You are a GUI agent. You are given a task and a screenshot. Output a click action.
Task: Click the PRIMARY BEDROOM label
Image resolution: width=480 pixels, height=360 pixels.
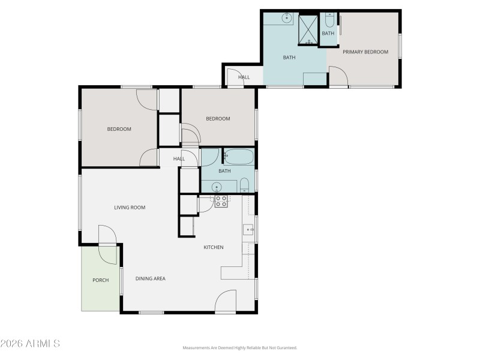tap(365, 52)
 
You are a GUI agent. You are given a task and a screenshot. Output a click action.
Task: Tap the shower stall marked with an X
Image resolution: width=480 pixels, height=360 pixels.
tap(308, 29)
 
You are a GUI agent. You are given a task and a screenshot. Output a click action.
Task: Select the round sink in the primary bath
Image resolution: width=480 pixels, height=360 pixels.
tap(287, 19)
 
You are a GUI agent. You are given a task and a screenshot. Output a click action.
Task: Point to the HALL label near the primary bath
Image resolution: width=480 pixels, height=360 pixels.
tap(244, 77)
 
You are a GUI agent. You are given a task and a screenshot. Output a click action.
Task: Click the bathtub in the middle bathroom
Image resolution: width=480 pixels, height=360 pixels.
tap(239, 157)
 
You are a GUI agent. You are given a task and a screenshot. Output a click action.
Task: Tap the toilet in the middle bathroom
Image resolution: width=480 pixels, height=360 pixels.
tap(245, 185)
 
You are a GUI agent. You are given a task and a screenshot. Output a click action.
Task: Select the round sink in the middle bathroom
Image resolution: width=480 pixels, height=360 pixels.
tap(216, 187)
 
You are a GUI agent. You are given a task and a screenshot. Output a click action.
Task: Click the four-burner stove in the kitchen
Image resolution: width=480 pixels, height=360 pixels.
tap(221, 201)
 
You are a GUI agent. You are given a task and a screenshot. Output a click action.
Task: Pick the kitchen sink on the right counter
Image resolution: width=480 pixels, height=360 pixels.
tap(248, 229)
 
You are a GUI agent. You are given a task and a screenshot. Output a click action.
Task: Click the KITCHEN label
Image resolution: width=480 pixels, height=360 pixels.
tap(214, 247)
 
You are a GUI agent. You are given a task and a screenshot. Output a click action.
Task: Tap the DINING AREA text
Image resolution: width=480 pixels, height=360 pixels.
tap(150, 278)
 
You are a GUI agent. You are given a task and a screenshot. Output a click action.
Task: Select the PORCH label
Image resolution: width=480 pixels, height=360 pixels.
tap(100, 280)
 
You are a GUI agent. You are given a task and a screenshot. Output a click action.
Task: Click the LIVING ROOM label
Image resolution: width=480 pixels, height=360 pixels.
tap(130, 208)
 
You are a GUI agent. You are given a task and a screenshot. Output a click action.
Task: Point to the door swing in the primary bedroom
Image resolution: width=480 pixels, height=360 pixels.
tap(337, 76)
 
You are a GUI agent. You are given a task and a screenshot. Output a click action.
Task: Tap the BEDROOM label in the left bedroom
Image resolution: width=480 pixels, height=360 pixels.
tap(119, 129)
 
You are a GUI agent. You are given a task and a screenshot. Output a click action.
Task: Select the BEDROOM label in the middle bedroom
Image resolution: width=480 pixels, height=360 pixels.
tap(218, 119)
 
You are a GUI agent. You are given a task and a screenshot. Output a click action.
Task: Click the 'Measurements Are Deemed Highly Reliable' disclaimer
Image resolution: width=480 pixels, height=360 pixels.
tap(240, 347)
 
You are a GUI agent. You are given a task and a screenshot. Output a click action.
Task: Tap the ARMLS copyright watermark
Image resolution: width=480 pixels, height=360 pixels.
tap(30, 344)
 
